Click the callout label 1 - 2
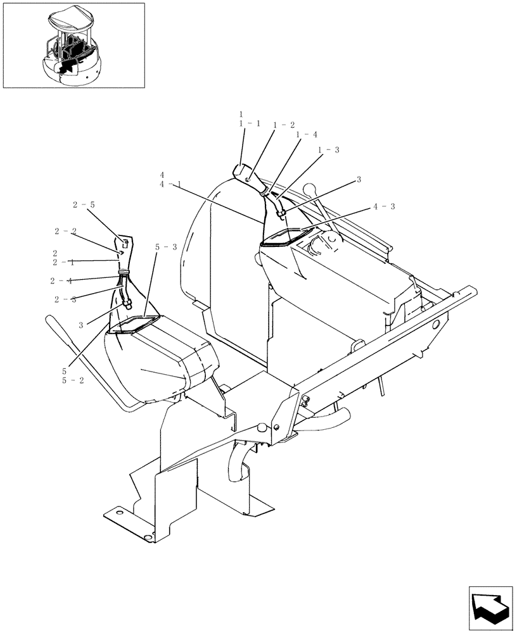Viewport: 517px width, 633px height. pyautogui.click(x=284, y=125)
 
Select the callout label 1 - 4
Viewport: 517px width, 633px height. pyautogui.click(x=307, y=134)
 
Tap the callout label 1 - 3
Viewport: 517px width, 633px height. pyautogui.click(x=329, y=149)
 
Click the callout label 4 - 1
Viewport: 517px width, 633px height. pyautogui.click(x=171, y=184)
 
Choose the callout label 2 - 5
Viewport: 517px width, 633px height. pyautogui.click(x=84, y=205)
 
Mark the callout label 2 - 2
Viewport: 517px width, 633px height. pyautogui.click(x=65, y=231)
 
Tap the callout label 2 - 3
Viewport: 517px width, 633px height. pyautogui.click(x=65, y=299)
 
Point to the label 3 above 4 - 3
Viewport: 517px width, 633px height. pyautogui.click(x=358, y=180)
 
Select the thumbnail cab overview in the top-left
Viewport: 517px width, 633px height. pyautogui.click(x=73, y=45)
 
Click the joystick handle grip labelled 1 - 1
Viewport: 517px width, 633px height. pyautogui.click(x=243, y=172)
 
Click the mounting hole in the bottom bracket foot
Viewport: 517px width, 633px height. pyautogui.click(x=148, y=537)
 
